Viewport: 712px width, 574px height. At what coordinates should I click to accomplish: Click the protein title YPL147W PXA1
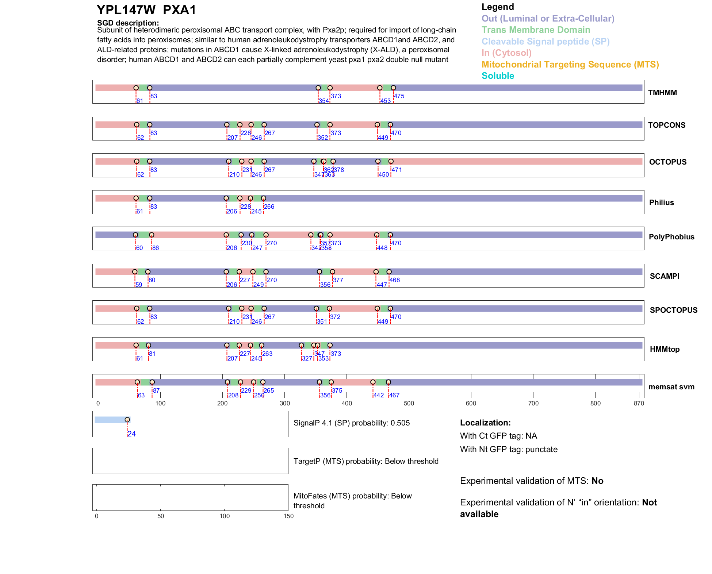tap(146, 10)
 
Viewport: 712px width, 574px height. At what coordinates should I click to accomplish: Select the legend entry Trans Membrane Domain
tap(536, 30)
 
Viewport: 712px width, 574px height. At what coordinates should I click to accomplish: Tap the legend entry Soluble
tap(498, 76)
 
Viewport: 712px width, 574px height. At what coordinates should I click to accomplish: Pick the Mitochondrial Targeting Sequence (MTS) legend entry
tap(570, 65)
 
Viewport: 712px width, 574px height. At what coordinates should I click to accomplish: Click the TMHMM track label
tap(662, 93)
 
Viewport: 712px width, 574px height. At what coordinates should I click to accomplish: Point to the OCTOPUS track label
tap(667, 162)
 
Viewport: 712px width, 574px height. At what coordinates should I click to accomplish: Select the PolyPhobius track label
tap(671, 237)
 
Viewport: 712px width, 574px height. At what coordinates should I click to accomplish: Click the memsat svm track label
tap(671, 387)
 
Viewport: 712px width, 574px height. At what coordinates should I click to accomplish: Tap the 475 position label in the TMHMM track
tap(399, 96)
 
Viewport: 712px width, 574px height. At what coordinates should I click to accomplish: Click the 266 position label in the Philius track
tap(269, 207)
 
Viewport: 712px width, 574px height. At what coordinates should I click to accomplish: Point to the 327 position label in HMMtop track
tap(307, 359)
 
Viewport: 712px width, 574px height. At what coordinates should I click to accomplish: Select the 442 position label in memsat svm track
tap(379, 396)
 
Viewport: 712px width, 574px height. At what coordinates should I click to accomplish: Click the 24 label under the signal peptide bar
tap(132, 434)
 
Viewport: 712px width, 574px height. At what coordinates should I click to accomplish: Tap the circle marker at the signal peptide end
tap(127, 420)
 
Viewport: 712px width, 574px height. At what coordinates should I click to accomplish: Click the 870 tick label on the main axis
tap(639, 404)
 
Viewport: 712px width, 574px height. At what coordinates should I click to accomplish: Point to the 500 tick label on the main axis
tap(409, 404)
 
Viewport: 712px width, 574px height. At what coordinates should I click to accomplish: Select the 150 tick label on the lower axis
tap(288, 516)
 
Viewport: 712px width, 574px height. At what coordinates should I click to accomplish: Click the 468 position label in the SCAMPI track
tap(395, 280)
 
